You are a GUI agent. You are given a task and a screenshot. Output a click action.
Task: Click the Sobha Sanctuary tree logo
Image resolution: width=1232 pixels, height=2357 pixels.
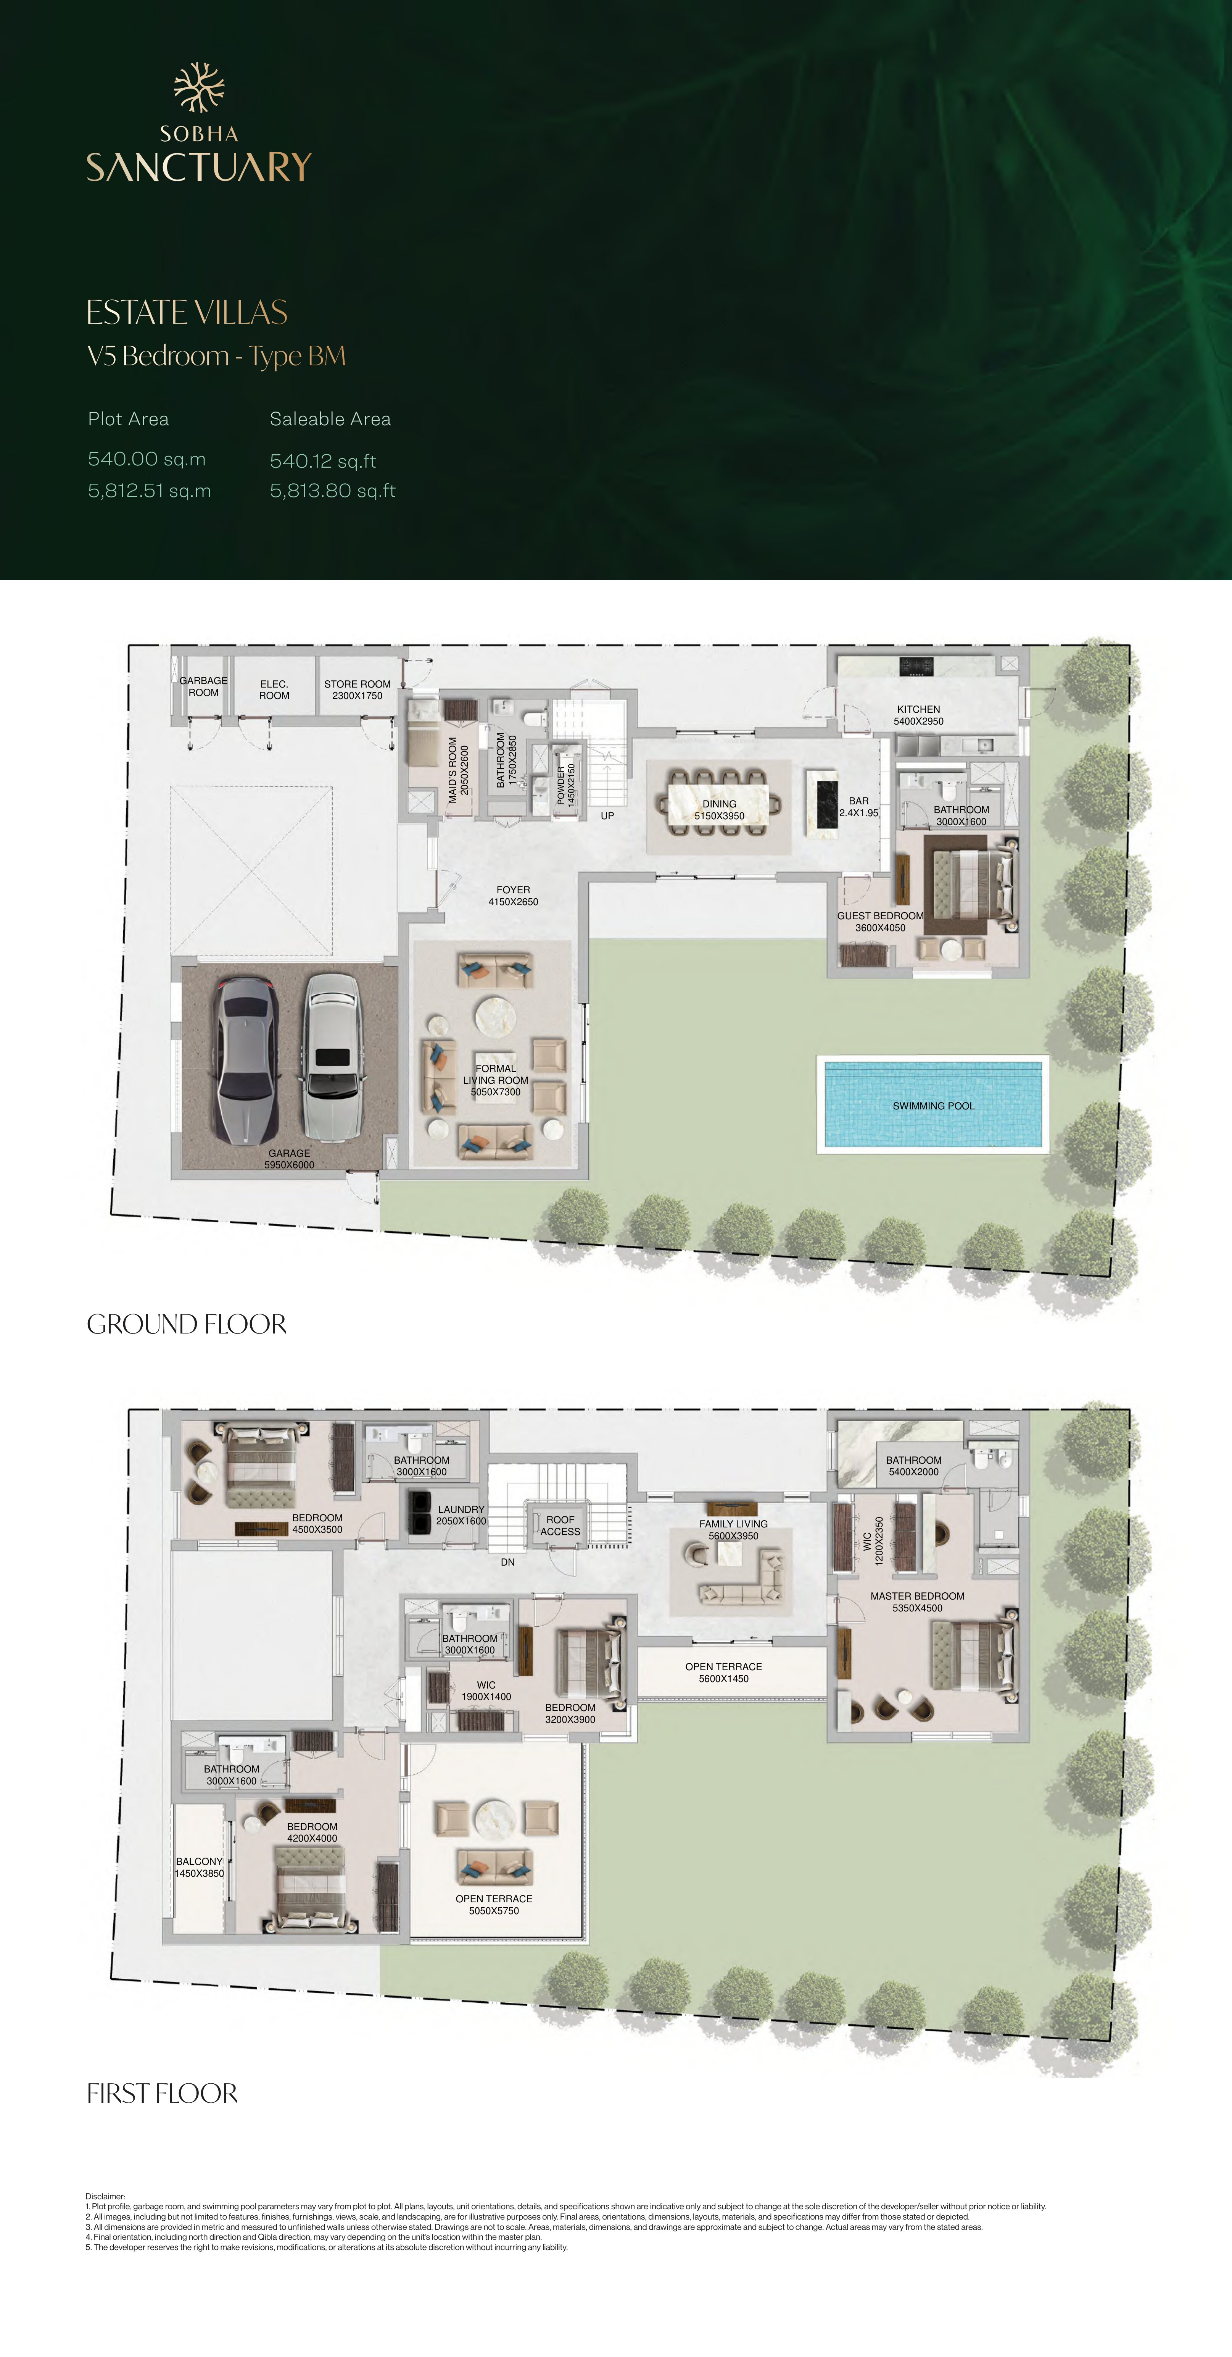(x=200, y=88)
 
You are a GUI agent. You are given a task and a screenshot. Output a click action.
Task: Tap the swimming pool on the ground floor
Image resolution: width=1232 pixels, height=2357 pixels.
(x=933, y=1104)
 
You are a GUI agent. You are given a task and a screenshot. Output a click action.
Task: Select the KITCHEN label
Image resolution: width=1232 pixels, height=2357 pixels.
(x=918, y=709)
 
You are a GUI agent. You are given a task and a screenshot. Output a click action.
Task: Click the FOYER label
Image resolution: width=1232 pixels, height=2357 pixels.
(x=513, y=890)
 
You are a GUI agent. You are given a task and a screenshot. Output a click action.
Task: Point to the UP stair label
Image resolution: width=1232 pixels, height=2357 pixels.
(x=607, y=815)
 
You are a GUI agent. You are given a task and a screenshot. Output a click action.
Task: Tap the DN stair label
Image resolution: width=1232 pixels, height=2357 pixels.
(x=507, y=1562)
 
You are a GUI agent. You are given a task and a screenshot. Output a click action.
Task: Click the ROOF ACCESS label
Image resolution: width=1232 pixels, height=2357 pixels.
(x=560, y=1525)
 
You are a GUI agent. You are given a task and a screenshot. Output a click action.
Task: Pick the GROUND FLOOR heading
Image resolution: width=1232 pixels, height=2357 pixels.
(x=187, y=1324)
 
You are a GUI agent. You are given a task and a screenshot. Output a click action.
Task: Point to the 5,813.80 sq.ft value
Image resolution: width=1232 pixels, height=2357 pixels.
(x=332, y=491)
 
